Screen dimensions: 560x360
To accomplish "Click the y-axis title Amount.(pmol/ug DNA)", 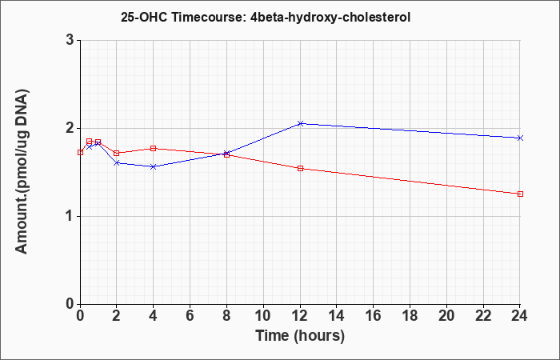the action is (x=22, y=172).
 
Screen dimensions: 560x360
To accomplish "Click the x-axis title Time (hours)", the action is (x=300, y=336).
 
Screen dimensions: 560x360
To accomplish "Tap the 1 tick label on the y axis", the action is (x=70, y=217).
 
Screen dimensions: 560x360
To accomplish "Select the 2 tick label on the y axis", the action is (x=70, y=128).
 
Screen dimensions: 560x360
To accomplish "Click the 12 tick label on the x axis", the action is (x=300, y=316).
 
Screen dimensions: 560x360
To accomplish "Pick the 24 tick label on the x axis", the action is (x=520, y=316).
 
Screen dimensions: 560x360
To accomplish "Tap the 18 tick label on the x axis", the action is (x=410, y=316).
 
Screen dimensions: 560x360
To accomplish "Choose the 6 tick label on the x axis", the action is (x=190, y=316).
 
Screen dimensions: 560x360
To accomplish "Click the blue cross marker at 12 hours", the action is (x=300, y=123).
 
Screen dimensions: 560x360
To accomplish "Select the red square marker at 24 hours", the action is (x=520, y=194).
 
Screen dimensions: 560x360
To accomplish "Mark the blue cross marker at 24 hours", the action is (x=520, y=138).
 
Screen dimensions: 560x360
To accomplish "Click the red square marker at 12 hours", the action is (x=300, y=168).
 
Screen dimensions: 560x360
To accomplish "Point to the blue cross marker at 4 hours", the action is (x=154, y=166).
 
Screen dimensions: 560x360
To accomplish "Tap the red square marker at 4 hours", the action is (x=154, y=148).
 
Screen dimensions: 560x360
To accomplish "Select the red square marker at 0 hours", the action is (x=80, y=153).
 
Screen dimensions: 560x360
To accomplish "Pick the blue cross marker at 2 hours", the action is (x=117, y=163).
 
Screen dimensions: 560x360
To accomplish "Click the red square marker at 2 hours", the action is (x=117, y=154).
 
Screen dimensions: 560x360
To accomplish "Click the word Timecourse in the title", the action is (x=207, y=17).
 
